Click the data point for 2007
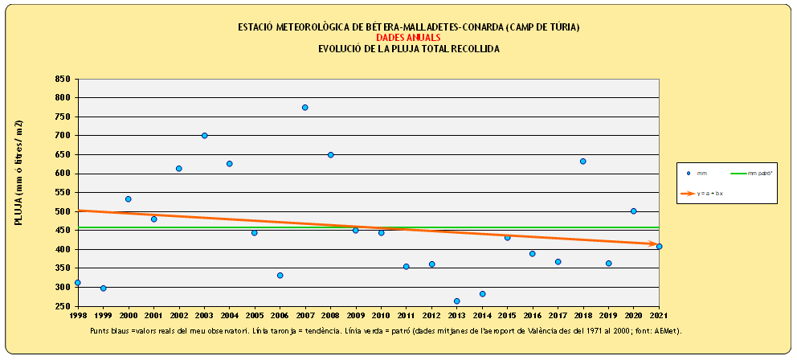point(305,108)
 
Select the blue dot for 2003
point(205,136)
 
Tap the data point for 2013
point(456,301)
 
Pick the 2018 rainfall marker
point(582,162)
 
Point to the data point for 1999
point(103,288)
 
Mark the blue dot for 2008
point(330,155)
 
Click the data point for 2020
point(633,211)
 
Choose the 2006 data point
point(280,276)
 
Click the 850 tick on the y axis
point(62,79)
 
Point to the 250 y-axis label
point(62,306)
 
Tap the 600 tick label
point(62,174)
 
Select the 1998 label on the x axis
point(77,317)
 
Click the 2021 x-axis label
point(659,317)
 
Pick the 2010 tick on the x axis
point(381,317)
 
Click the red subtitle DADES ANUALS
point(408,38)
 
